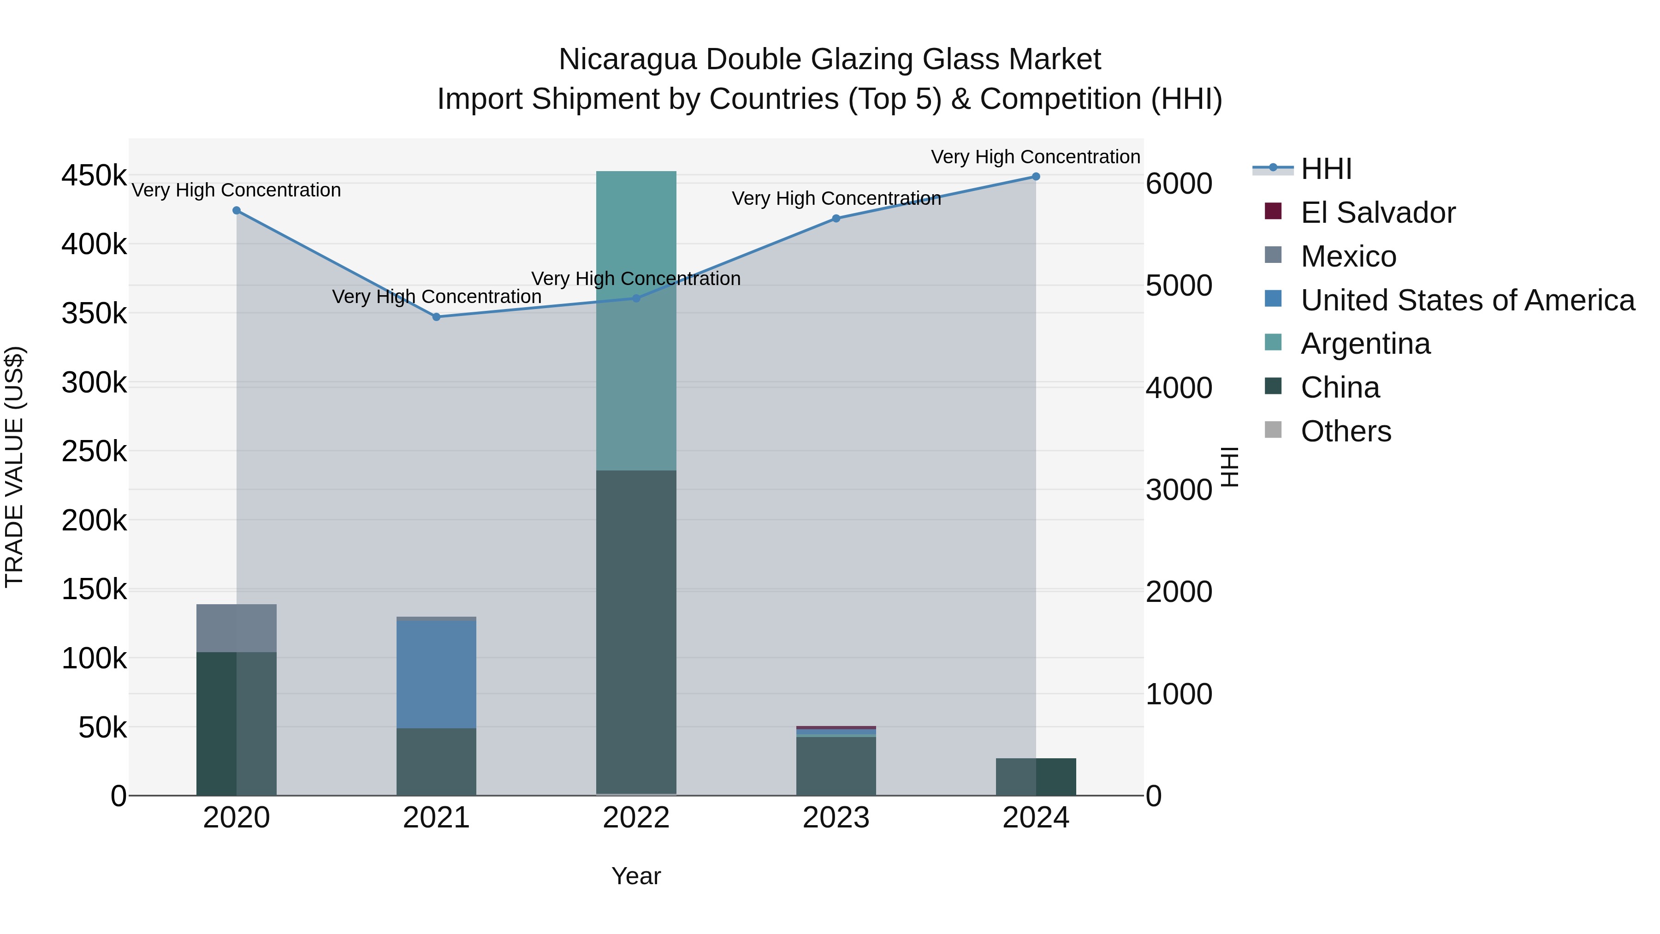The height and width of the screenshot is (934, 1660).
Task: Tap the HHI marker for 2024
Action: pyautogui.click(x=1036, y=177)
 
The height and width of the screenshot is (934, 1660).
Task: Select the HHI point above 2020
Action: pyautogui.click(x=237, y=211)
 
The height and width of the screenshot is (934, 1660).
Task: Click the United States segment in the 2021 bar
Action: pyautogui.click(x=436, y=673)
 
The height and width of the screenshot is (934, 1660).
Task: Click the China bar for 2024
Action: pyautogui.click(x=1036, y=777)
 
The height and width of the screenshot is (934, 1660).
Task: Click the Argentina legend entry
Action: pyautogui.click(x=1365, y=344)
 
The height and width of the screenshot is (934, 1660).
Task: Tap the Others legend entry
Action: pyautogui.click(x=1346, y=431)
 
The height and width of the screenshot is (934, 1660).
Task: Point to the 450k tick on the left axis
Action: pyautogui.click(x=94, y=175)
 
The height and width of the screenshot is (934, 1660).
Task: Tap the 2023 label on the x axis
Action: pyautogui.click(x=836, y=818)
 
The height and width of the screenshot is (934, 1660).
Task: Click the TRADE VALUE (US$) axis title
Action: pyautogui.click(x=15, y=467)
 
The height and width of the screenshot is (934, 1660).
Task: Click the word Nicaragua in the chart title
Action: pyautogui.click(x=627, y=59)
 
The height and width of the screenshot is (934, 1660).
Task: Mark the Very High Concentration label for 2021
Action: pyautogui.click(x=436, y=297)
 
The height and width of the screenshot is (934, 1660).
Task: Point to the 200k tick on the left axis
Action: pyautogui.click(x=94, y=520)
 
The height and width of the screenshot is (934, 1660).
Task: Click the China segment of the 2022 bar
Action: pyautogui.click(x=636, y=632)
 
